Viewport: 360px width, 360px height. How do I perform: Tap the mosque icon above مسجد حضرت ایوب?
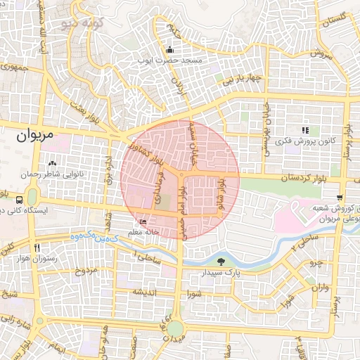coord(169,50)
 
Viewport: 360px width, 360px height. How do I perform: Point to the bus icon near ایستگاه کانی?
coord(18,199)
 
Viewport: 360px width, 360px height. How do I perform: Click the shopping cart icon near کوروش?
coord(340,198)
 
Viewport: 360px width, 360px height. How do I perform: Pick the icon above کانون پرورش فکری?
coord(304,130)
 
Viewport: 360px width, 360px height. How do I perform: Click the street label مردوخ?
coord(84,271)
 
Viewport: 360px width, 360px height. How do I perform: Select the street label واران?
coord(319,288)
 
